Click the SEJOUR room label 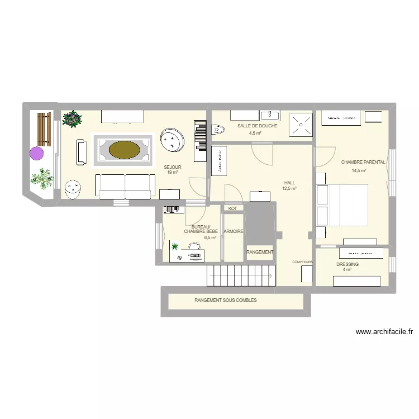172,167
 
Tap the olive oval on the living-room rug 125,149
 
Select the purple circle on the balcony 37,153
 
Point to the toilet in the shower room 218,130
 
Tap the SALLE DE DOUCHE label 257,126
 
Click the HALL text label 289,183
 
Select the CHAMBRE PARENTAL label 363,162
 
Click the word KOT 232,208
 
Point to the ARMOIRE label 234,231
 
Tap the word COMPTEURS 302,261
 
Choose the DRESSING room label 347,264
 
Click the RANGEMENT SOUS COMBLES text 226,300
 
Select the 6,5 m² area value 210,237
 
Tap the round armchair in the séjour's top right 172,140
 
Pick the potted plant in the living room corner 73,118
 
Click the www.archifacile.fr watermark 384,332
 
